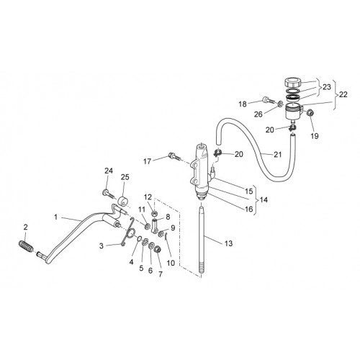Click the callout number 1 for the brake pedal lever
tap(55, 217)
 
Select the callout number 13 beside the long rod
tap(228, 243)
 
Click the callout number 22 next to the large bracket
tap(343, 94)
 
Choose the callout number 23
tap(327, 87)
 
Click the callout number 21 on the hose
tap(278, 154)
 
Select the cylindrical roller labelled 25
tap(123, 201)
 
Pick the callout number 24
tap(109, 171)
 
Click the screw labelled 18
tap(269, 100)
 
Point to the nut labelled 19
tap(309, 112)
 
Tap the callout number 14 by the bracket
tap(264, 199)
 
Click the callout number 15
tap(249, 192)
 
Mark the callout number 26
tap(258, 114)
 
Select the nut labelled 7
tap(157, 250)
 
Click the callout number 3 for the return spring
tap(102, 246)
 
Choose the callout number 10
tap(171, 263)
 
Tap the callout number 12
tap(148, 197)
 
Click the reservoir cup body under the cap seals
tap(293, 112)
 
